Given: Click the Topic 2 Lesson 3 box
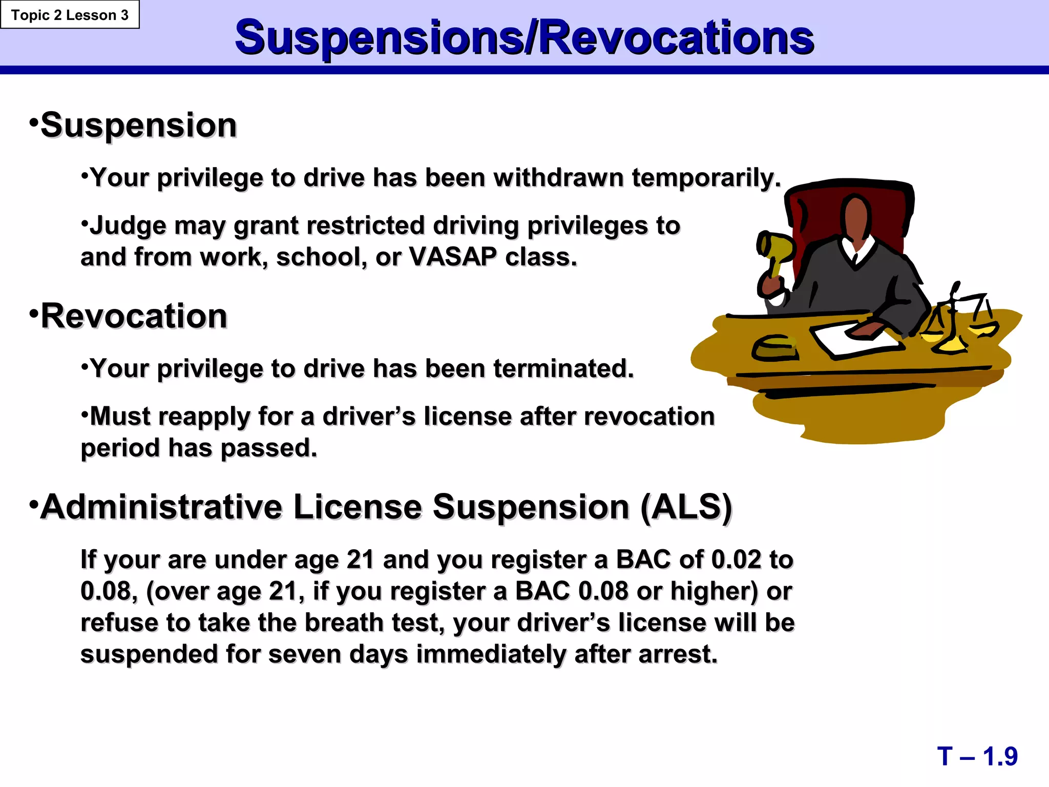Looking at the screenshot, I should coord(70,15).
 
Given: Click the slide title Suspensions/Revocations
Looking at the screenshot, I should coord(524,37).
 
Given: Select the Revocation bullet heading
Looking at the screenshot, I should coord(134,316).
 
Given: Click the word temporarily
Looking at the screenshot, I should coord(706,178).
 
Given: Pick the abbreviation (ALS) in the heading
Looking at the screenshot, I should coord(686,507).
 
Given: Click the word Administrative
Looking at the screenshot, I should coord(161,507).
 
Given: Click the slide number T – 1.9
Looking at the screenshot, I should coord(977,756).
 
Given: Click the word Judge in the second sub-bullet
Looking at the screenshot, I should coord(128,226).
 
